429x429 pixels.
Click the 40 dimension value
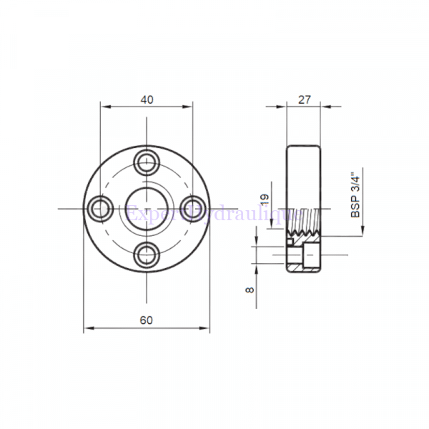(x=146, y=99)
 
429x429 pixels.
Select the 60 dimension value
(x=146, y=321)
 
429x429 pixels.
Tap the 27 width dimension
(x=305, y=99)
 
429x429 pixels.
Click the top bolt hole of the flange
(x=146, y=161)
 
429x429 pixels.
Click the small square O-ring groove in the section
(x=291, y=241)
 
